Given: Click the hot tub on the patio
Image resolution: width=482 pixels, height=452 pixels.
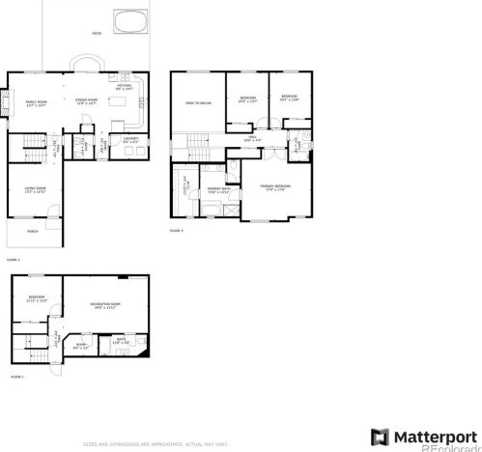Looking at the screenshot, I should pyautogui.click(x=128, y=20).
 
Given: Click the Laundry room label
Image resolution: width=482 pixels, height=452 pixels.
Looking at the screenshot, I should pyautogui.click(x=130, y=139).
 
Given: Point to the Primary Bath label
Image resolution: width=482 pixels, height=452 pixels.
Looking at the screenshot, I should pyautogui.click(x=218, y=190).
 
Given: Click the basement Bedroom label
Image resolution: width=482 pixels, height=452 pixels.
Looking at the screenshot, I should pyautogui.click(x=37, y=297).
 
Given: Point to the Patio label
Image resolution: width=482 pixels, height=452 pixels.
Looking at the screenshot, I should pyautogui.click(x=96, y=33).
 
